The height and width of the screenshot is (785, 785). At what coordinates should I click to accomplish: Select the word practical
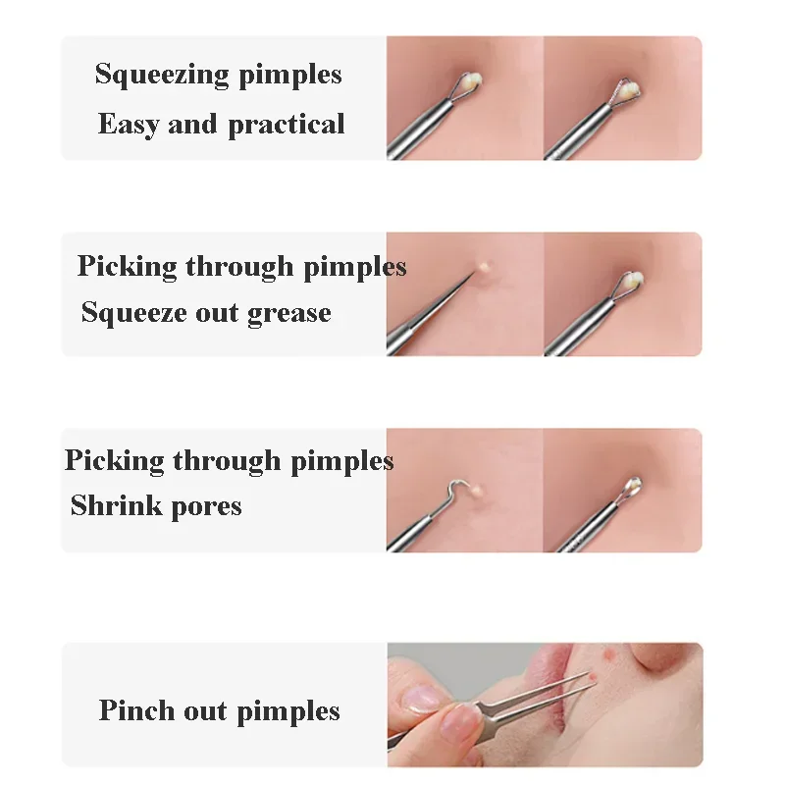(287, 125)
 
